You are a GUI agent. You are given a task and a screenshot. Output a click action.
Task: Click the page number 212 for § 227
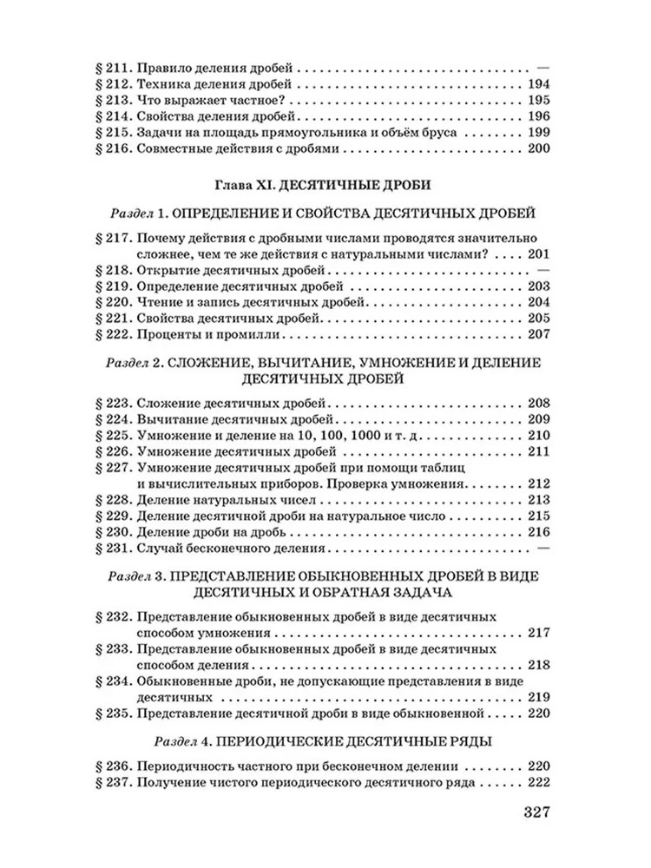point(539,483)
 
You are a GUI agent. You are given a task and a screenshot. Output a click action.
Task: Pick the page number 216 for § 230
point(539,533)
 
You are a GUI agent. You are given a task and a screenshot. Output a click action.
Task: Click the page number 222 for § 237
point(539,783)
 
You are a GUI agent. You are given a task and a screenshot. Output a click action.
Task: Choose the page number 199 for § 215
point(539,134)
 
